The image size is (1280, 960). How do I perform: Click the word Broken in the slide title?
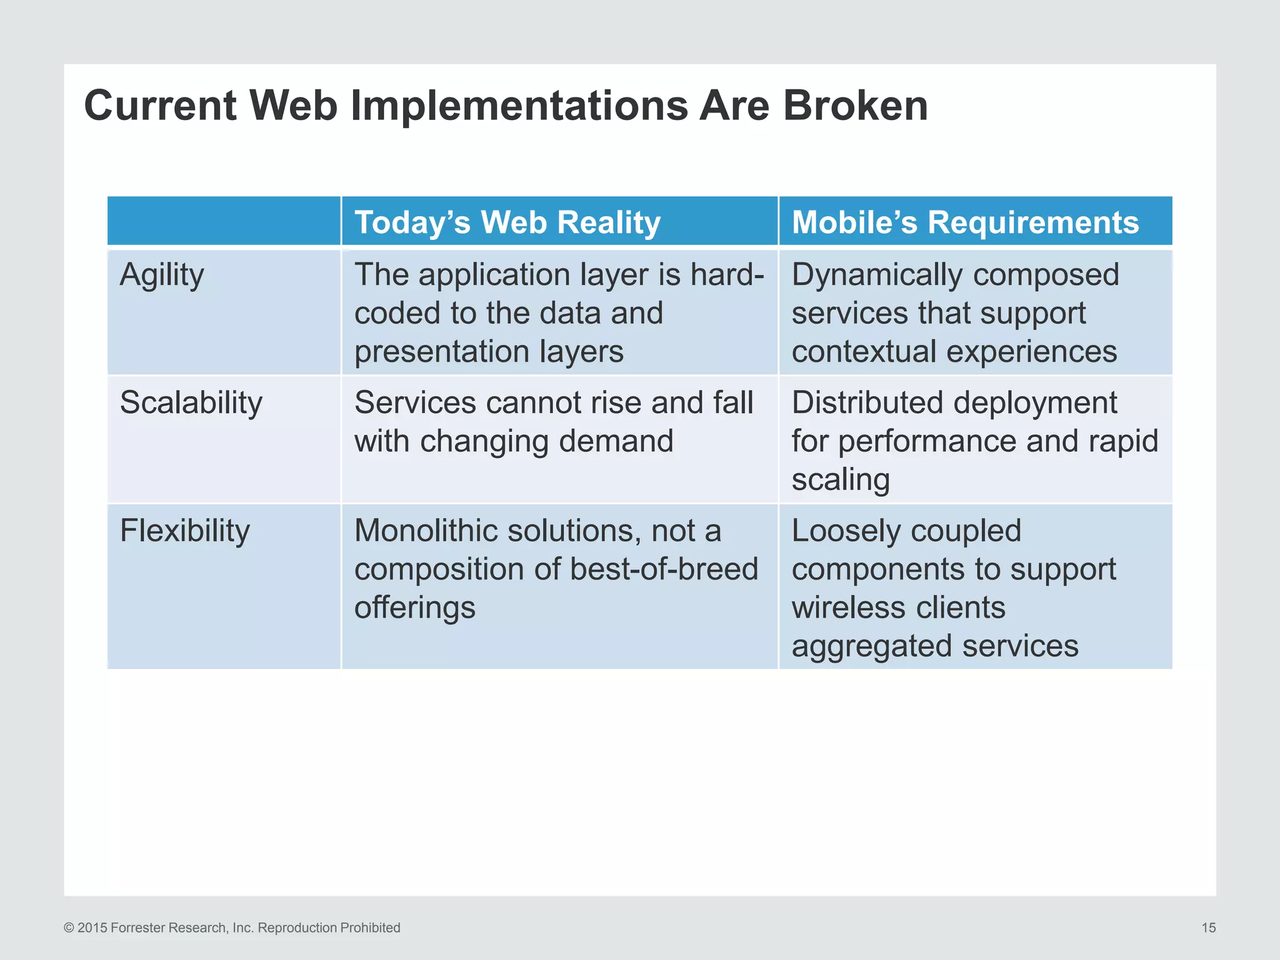pos(855,105)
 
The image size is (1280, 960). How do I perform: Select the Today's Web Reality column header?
pos(507,222)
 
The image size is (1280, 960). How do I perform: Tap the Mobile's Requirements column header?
pos(965,222)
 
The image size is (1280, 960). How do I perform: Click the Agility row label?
pos(162,275)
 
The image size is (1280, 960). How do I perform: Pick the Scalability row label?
pos(191,402)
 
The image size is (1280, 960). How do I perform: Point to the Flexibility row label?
pos(184,530)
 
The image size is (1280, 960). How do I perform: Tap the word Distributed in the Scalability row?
pos(856,402)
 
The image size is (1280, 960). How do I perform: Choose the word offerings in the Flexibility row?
pos(414,607)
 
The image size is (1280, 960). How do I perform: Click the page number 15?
pos(1208,927)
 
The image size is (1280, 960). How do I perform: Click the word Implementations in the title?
pos(519,105)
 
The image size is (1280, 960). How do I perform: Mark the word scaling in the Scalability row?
pos(840,480)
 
